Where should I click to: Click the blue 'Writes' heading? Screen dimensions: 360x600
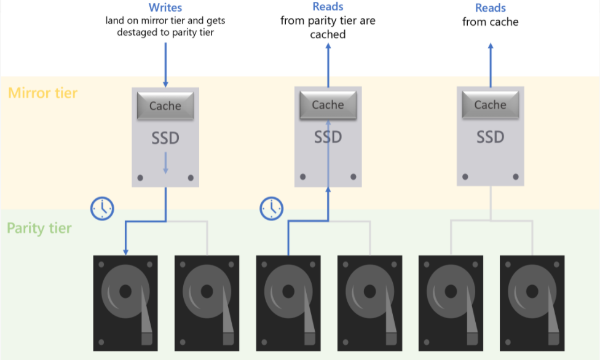coord(165,8)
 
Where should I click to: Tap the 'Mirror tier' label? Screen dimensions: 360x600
coord(43,93)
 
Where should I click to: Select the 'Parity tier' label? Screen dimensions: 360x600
coord(39,229)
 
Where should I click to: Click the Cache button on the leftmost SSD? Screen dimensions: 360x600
coord(165,106)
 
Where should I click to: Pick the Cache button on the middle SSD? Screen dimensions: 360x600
coord(328,105)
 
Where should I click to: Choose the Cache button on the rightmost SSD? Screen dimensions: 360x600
coord(490,105)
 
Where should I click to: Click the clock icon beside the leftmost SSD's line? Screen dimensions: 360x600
coord(101,208)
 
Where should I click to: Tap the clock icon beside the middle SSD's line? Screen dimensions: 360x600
coord(271,208)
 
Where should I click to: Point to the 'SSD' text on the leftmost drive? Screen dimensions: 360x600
coord(165,138)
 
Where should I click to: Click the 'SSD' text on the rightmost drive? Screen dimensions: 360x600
coord(490,136)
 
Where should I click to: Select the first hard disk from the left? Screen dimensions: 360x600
coord(125,303)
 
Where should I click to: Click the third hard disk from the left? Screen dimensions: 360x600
coord(288,303)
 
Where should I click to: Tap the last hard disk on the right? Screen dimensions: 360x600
coord(532,303)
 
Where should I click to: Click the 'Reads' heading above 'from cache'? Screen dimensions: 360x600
coord(491,8)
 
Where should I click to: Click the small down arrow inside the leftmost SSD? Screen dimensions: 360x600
coord(165,163)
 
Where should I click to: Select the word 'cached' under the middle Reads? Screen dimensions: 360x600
coord(328,34)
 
